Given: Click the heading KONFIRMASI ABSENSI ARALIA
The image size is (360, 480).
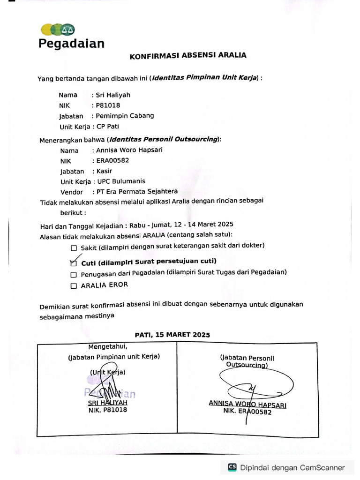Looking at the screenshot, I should (x=187, y=55).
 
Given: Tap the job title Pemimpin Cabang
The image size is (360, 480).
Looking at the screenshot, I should (x=125, y=116).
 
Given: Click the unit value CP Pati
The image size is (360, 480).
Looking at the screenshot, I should (x=108, y=127).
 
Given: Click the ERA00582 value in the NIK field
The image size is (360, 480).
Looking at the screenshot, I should (x=112, y=161).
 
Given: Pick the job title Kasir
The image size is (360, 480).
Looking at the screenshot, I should (x=104, y=171).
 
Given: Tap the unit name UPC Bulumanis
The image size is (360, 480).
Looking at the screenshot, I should (x=121, y=181).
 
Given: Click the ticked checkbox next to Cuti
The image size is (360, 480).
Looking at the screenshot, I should (x=73, y=263).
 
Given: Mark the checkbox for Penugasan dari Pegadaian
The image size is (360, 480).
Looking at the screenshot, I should (x=74, y=275).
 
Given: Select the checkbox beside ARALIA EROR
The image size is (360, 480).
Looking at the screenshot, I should (x=74, y=285).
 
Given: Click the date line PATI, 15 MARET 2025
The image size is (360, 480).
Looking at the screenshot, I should (x=172, y=335).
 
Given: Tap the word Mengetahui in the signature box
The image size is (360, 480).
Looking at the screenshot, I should (x=107, y=347).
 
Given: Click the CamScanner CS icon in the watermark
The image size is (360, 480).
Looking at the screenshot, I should (x=232, y=467).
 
